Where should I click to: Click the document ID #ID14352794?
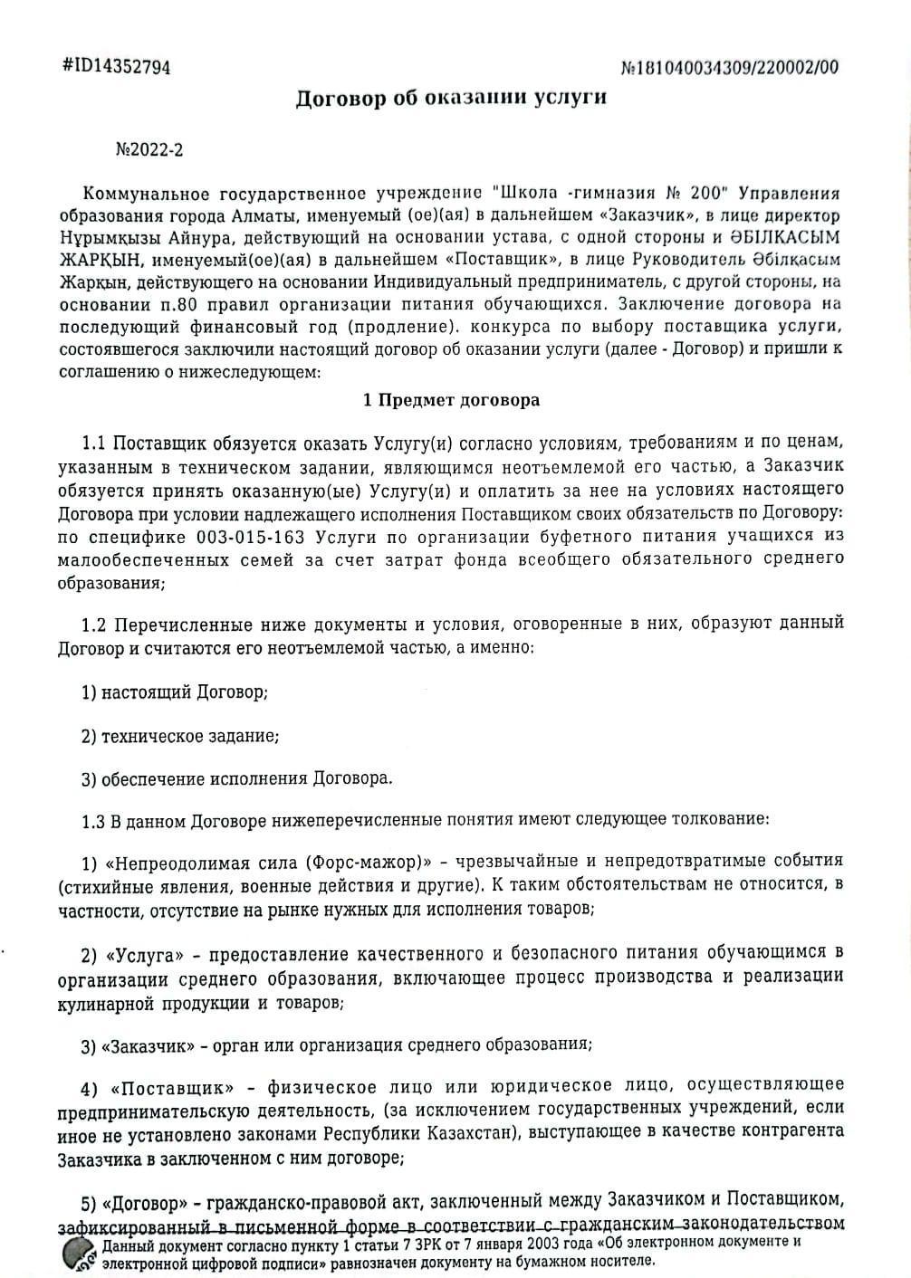click(x=116, y=67)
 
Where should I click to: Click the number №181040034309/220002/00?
click(x=730, y=68)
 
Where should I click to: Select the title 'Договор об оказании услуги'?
click(x=451, y=99)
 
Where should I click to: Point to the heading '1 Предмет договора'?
click(x=451, y=400)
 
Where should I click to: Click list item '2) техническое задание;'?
click(x=180, y=736)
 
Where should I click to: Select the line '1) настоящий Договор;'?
click(x=175, y=692)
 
